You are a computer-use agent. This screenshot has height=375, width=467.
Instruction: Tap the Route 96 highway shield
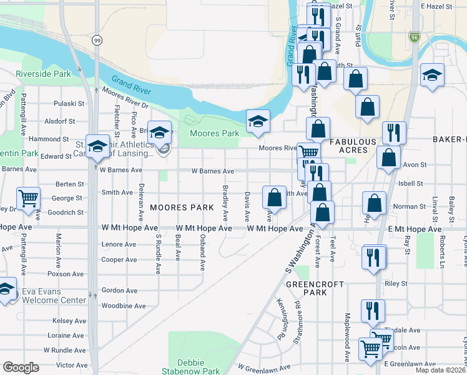tap(415, 37)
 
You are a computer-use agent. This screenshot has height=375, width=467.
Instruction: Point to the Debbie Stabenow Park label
tap(199, 366)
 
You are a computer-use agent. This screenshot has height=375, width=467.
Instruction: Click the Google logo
tap(21, 367)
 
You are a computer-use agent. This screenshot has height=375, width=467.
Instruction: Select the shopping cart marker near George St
tap(29, 199)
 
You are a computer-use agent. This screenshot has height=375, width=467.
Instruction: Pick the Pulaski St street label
tap(69, 104)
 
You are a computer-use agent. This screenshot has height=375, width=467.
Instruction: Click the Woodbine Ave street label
tap(124, 306)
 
